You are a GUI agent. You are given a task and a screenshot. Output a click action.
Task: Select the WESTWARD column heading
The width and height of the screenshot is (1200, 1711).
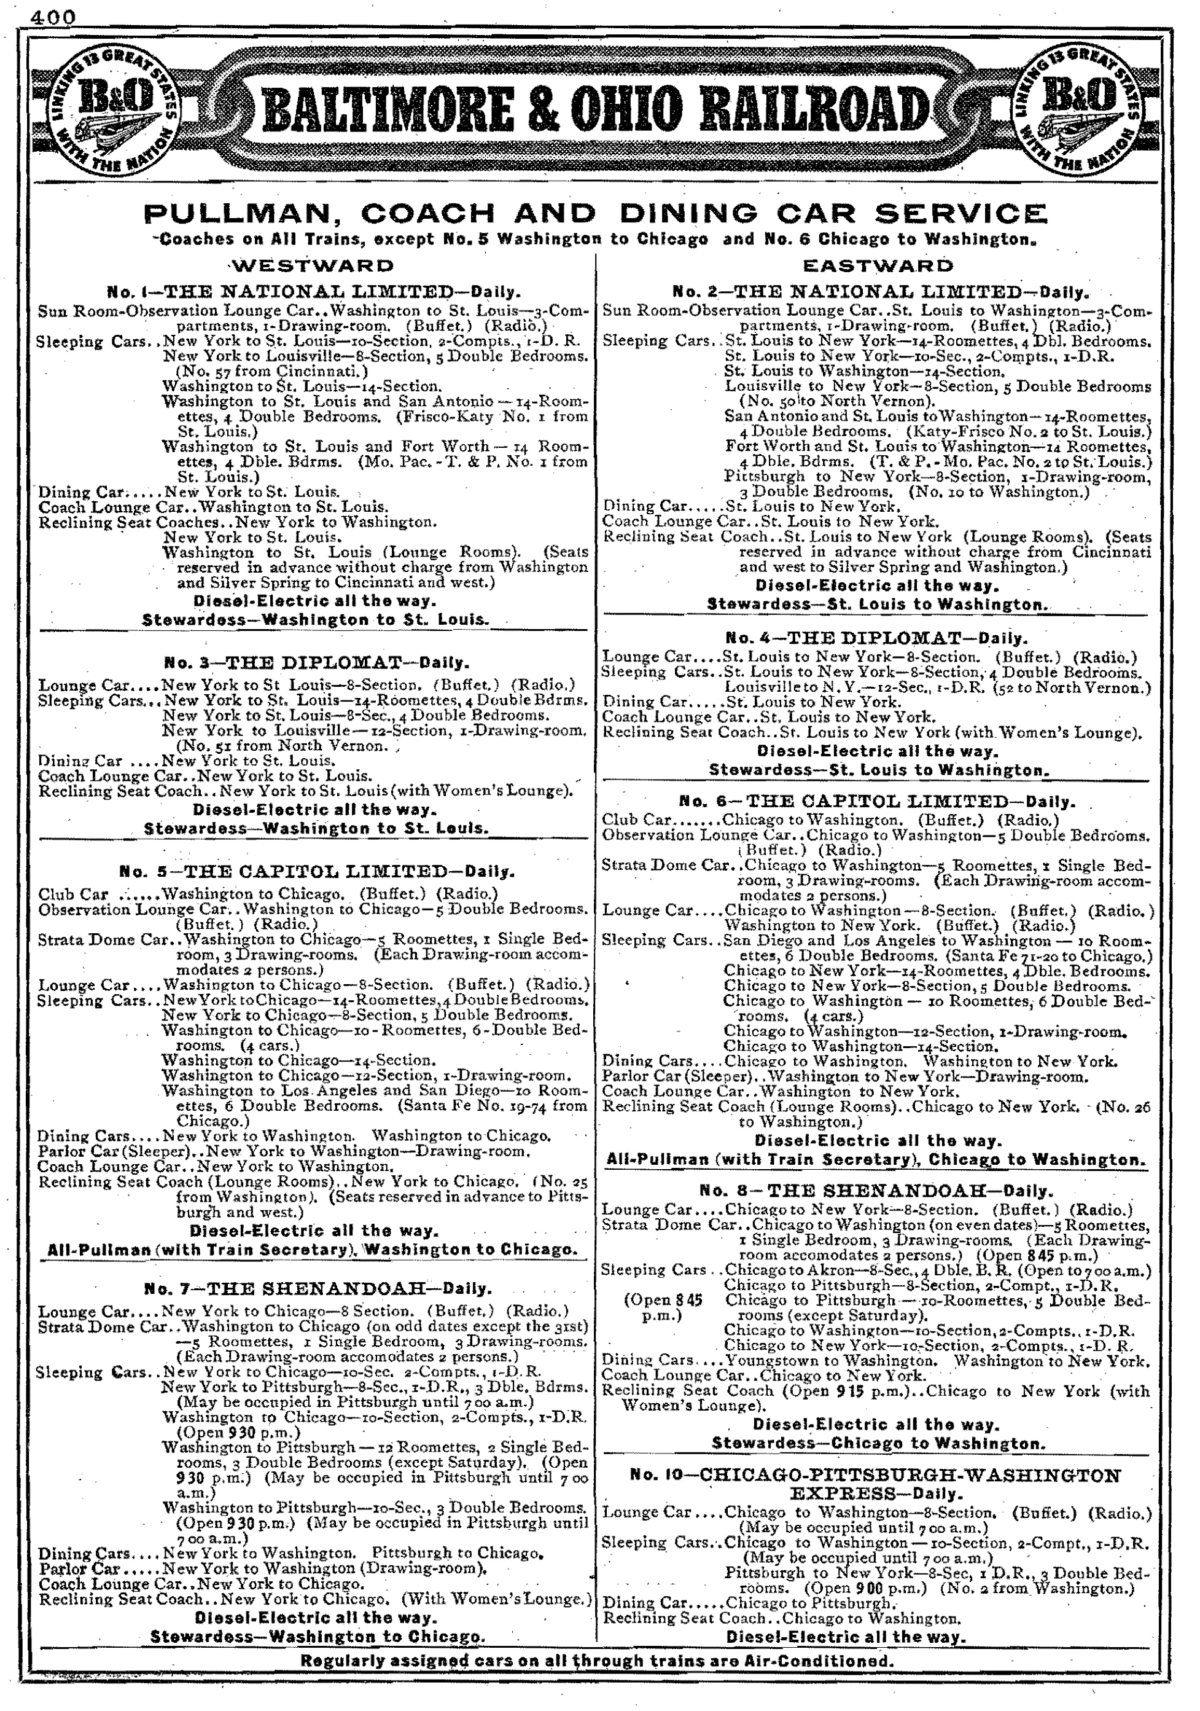312,265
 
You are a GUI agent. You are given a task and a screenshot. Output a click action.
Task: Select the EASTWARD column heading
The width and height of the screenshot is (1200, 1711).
878,265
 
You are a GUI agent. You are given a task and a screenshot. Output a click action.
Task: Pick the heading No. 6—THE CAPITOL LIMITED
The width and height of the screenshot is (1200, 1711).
877,802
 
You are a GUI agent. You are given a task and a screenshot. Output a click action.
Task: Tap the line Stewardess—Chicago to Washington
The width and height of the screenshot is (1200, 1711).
878,1444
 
